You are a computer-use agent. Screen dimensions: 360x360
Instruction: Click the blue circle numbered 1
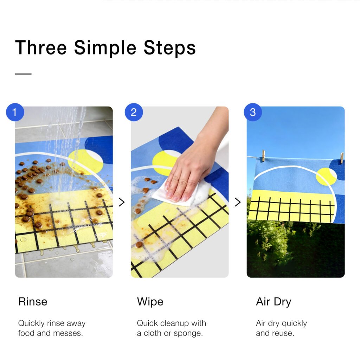click(x=15, y=112)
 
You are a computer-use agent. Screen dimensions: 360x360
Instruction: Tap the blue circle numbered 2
click(x=134, y=112)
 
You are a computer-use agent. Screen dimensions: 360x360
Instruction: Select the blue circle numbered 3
click(x=252, y=112)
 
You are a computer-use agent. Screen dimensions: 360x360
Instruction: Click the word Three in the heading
click(x=41, y=47)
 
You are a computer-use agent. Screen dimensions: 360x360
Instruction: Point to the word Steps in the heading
click(x=169, y=48)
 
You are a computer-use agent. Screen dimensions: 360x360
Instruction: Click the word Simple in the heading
click(x=105, y=48)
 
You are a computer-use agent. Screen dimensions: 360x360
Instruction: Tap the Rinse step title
click(x=33, y=301)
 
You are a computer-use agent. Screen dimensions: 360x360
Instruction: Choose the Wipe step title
click(x=150, y=302)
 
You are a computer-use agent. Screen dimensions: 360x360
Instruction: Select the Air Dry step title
click(x=274, y=302)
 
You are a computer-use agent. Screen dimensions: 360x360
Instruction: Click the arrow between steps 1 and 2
click(x=122, y=202)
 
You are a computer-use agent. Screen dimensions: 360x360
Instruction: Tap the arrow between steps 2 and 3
click(x=238, y=202)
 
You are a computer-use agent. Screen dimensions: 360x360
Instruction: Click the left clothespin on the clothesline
click(x=264, y=156)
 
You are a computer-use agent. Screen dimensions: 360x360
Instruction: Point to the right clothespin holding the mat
click(x=342, y=158)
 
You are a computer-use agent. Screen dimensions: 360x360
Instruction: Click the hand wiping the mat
click(x=195, y=161)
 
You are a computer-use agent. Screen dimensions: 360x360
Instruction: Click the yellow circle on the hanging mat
click(x=326, y=176)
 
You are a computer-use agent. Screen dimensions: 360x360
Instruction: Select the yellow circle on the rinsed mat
click(x=85, y=162)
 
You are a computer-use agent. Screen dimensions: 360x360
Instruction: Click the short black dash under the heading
click(x=23, y=74)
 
